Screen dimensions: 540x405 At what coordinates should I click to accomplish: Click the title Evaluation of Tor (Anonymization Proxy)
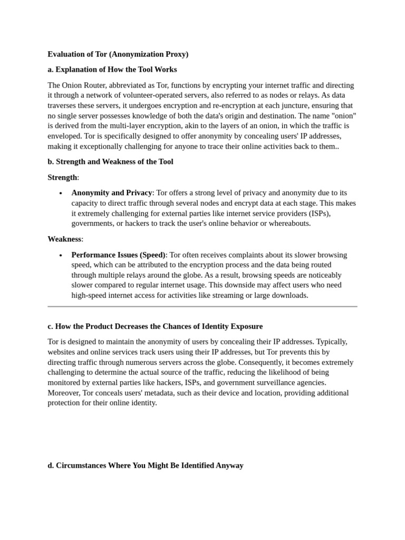[x=118, y=54]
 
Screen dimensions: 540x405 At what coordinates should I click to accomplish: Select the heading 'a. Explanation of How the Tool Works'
[x=112, y=70]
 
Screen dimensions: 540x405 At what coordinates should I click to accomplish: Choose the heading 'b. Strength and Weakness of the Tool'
[x=110, y=161]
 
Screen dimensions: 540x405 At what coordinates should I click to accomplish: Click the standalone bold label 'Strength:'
[x=63, y=177]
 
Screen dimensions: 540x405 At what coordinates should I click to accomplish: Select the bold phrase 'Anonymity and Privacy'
[x=111, y=193]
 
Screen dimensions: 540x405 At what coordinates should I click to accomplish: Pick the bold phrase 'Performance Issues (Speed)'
[x=119, y=255]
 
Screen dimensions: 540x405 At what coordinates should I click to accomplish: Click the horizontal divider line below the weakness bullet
[x=202, y=306]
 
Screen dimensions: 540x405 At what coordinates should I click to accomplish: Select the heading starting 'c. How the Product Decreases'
[x=155, y=326]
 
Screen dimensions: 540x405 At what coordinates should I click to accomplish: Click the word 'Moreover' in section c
[x=64, y=393]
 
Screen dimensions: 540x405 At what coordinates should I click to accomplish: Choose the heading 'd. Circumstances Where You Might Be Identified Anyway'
[x=146, y=465]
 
